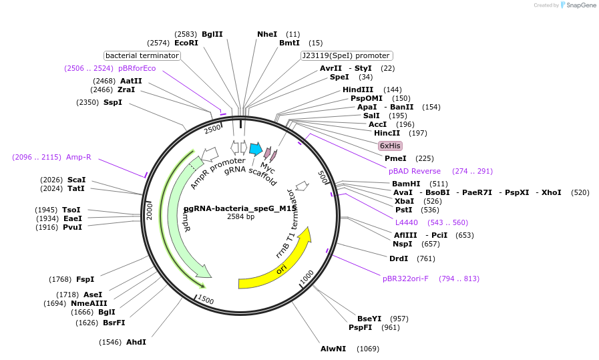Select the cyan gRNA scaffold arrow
tap(255, 148)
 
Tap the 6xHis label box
tap(389, 146)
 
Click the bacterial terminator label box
tap(142, 55)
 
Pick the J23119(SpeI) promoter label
tap(347, 55)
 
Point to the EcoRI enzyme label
tap(186, 43)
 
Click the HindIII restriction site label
tap(358, 89)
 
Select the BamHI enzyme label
tap(406, 184)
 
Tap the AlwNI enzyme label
tap(333, 349)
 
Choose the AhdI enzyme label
tap(136, 342)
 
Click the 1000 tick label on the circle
tap(307, 277)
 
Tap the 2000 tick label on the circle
tap(150, 211)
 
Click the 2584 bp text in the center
tap(240, 216)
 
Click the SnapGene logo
tap(578, 5)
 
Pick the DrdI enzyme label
tap(398, 258)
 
